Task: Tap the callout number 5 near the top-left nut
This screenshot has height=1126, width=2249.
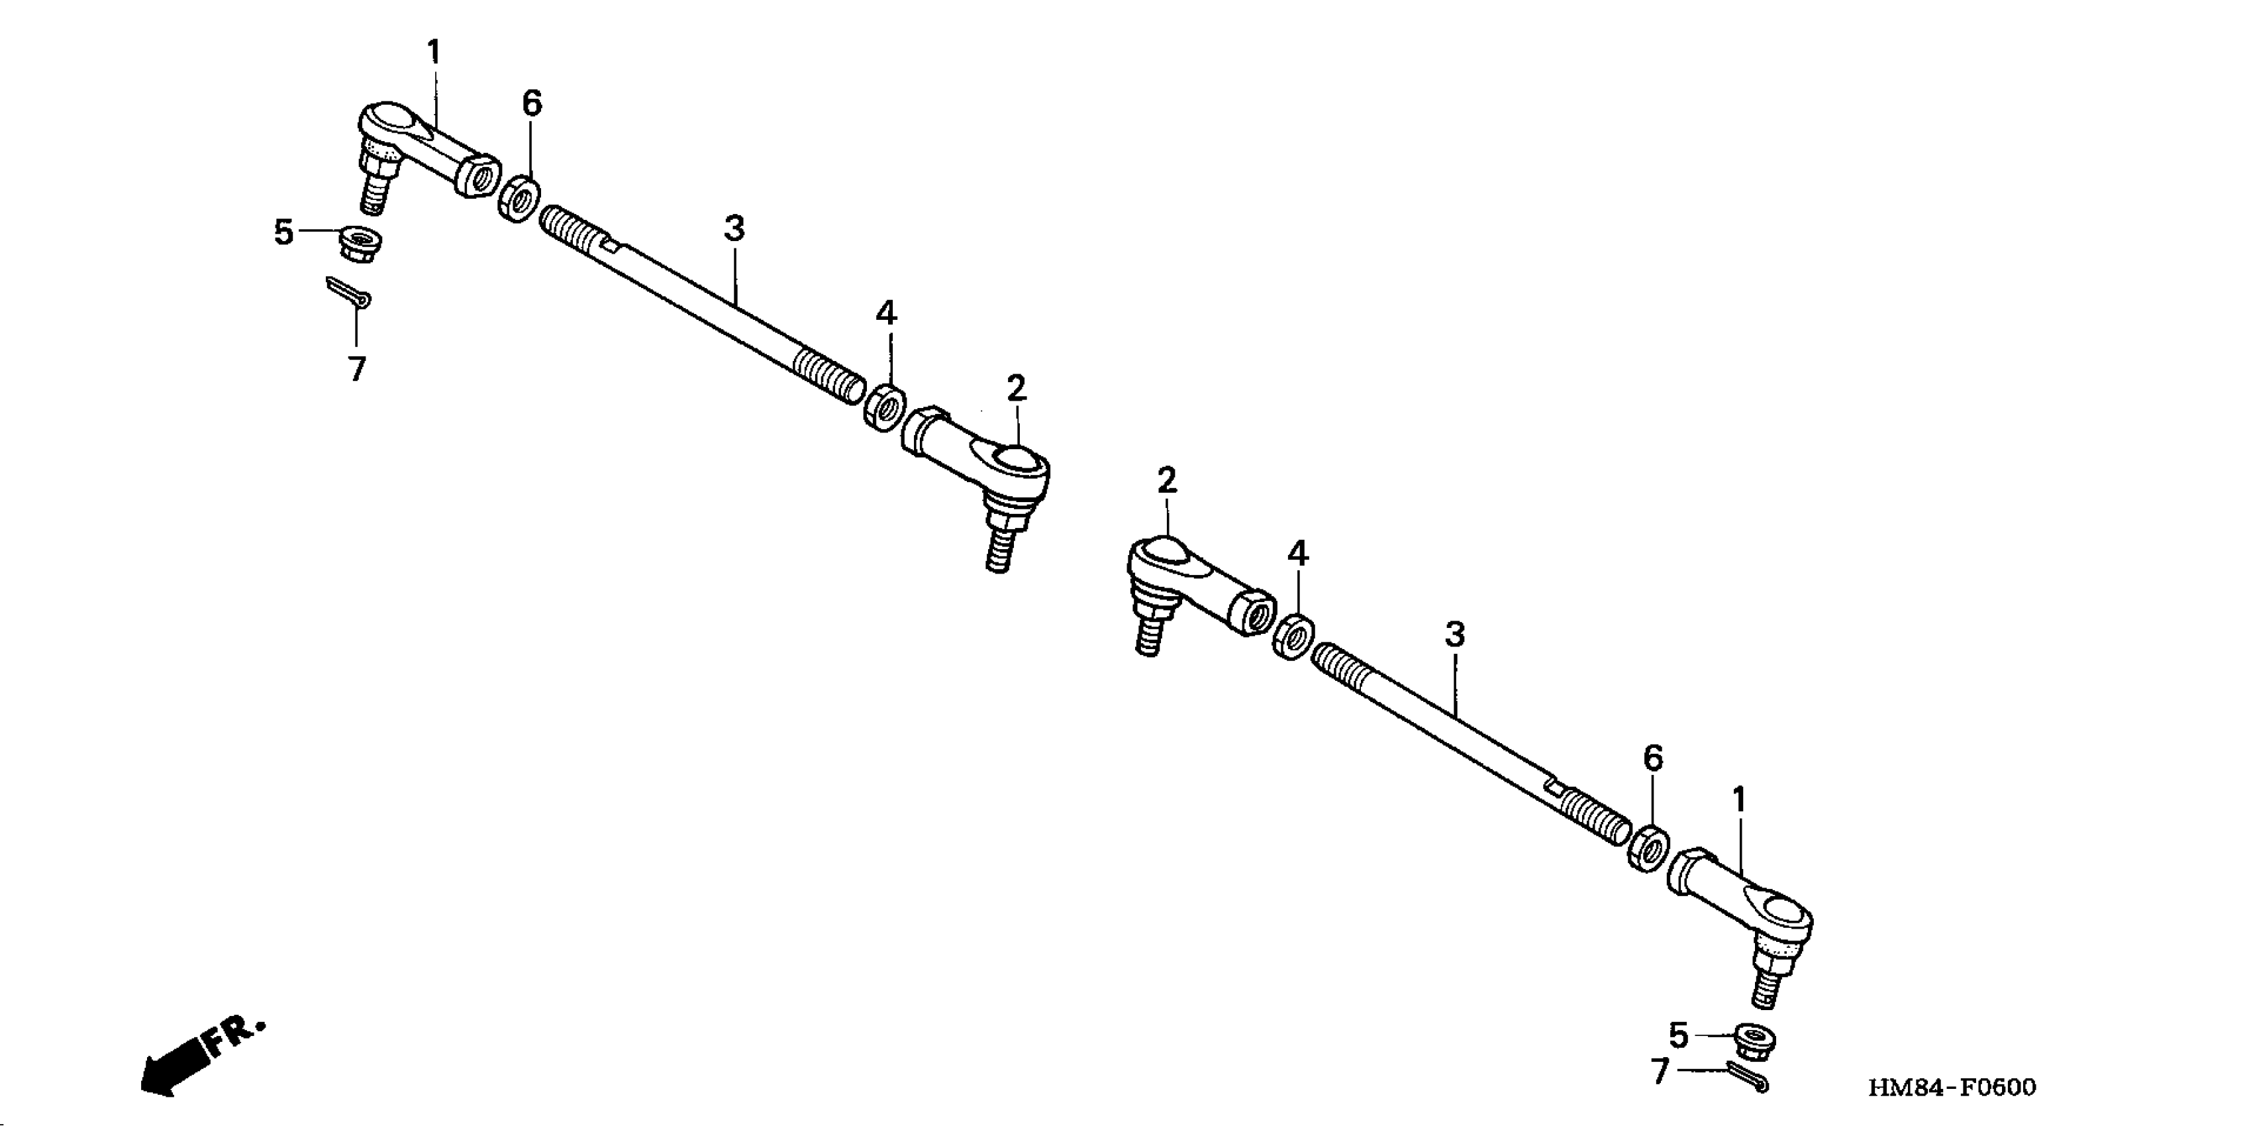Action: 283,233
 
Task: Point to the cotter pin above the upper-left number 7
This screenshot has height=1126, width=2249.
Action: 348,292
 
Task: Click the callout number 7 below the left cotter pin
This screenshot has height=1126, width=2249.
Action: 356,369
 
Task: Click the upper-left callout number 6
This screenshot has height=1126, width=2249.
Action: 532,104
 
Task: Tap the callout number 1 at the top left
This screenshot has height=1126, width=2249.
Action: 434,52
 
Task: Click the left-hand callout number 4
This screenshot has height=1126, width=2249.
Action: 885,313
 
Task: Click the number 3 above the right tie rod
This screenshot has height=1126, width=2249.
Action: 1454,635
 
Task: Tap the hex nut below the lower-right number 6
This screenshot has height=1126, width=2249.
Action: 1648,848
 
